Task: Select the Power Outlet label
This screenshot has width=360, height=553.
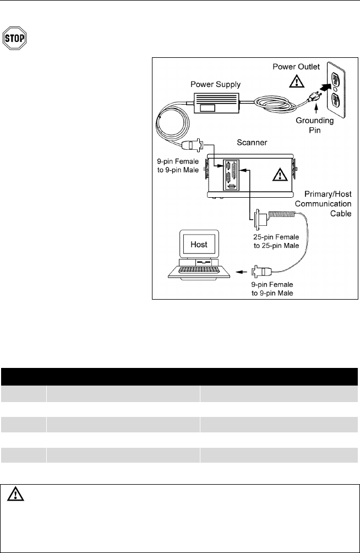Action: pyautogui.click(x=296, y=66)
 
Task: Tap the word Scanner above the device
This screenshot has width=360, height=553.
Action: pyautogui.click(x=252, y=143)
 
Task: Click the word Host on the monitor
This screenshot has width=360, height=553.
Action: pyautogui.click(x=199, y=242)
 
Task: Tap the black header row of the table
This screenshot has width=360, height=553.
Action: pyautogui.click(x=179, y=376)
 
